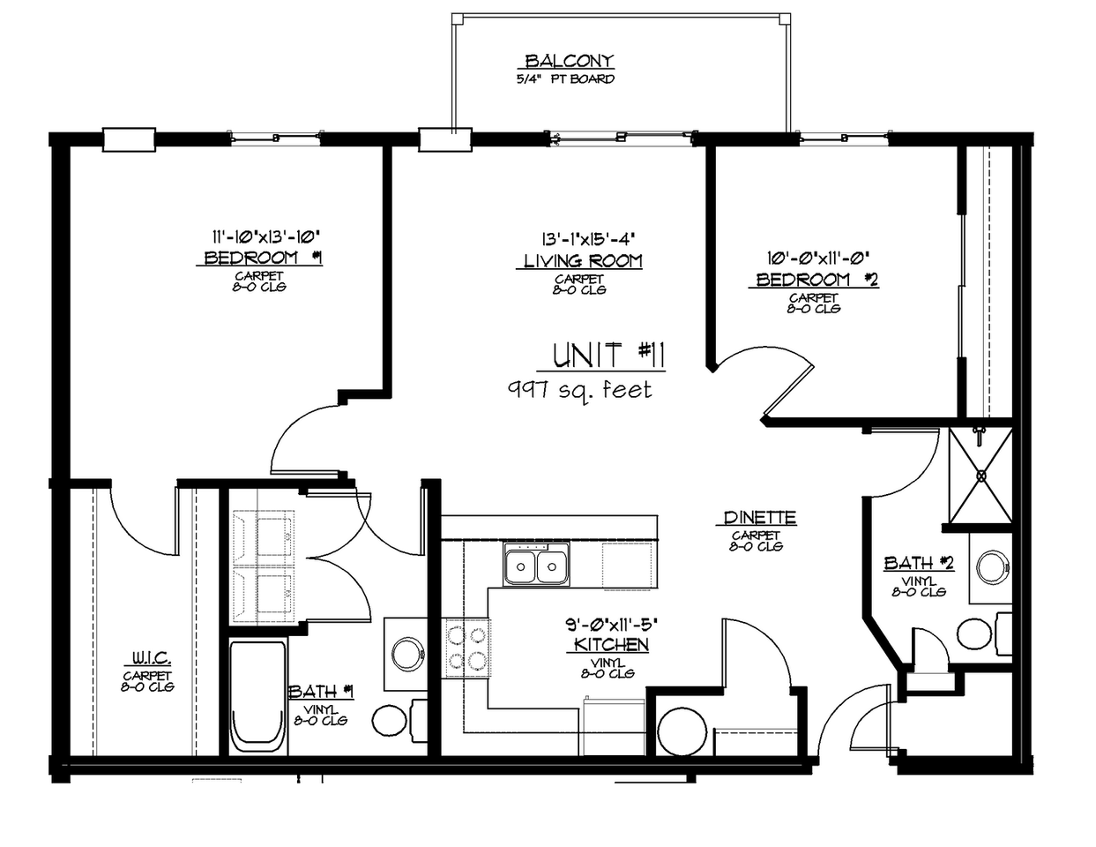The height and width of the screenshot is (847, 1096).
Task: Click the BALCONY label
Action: tap(569, 61)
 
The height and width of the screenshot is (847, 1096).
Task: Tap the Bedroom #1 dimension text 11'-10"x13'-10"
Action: tap(264, 236)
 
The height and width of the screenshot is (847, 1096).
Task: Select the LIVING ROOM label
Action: tap(583, 261)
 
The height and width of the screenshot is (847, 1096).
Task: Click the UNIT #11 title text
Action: tap(608, 355)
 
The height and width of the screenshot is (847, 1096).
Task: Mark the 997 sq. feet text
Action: tap(579, 389)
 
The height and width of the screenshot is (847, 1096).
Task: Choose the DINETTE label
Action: tap(759, 518)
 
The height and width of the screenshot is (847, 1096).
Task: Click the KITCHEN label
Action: tap(611, 645)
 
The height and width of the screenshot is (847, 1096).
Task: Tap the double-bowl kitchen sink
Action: tap(536, 565)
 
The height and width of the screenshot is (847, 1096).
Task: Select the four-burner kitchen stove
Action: tap(467, 647)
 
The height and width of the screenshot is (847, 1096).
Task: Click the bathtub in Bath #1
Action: tap(257, 697)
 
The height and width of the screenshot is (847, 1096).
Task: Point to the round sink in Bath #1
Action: tap(406, 654)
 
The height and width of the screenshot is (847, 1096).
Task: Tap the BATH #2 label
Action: tap(919, 563)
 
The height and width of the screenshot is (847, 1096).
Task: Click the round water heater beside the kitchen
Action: tap(682, 730)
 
